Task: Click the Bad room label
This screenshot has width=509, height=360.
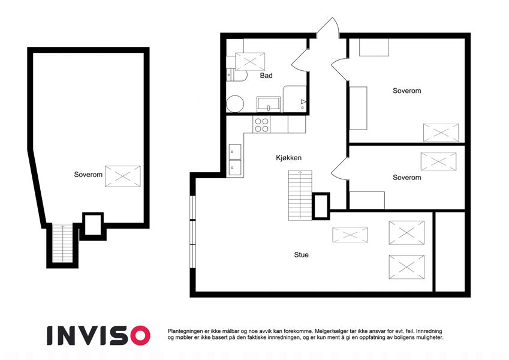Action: (266, 76)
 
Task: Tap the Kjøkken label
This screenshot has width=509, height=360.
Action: (288, 158)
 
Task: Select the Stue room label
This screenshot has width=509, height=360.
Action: (301, 255)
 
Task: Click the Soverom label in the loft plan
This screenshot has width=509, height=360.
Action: (88, 175)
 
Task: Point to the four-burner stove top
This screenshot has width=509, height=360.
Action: (261, 125)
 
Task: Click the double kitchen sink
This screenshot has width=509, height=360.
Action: (235, 160)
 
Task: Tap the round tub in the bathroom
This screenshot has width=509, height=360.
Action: (234, 104)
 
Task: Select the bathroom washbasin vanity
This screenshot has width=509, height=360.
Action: (269, 104)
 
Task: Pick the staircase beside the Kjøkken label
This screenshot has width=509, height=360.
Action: (300, 195)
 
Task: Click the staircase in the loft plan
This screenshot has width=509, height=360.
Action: (62, 243)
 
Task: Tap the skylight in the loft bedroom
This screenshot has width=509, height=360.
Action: (123, 176)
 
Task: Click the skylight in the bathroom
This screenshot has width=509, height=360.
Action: (250, 61)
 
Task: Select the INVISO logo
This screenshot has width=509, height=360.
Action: (98, 335)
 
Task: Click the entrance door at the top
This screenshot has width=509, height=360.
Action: (328, 27)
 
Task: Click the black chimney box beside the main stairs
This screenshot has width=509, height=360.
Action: (321, 206)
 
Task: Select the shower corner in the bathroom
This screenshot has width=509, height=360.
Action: (295, 99)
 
